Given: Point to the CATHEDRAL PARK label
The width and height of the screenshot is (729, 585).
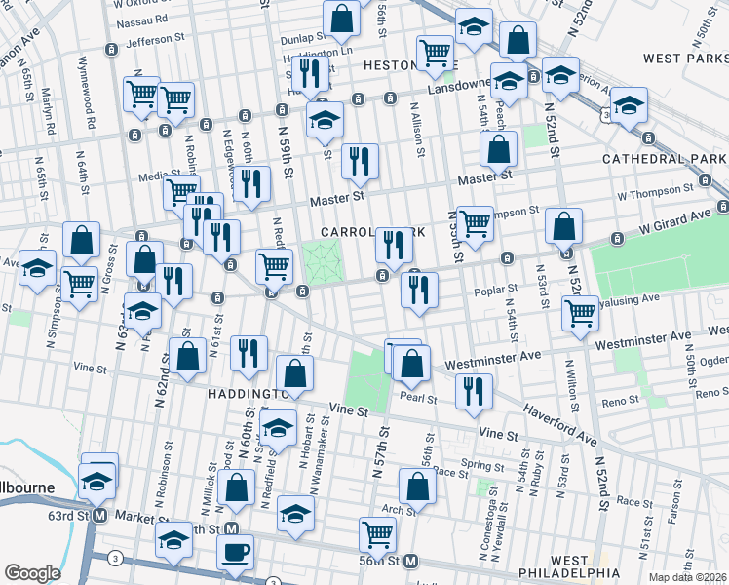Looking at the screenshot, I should pyautogui.click(x=665, y=158).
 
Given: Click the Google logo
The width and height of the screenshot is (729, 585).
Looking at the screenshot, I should pyautogui.click(x=32, y=573).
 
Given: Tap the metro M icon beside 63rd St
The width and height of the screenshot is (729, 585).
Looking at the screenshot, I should pyautogui.click(x=99, y=518).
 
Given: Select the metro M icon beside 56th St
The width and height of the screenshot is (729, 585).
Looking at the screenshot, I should pyautogui.click(x=411, y=562).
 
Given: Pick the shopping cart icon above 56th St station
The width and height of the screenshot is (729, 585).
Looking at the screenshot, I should pyautogui.click(x=377, y=532).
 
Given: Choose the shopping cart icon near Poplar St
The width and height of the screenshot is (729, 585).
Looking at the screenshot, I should pyautogui.click(x=581, y=313).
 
